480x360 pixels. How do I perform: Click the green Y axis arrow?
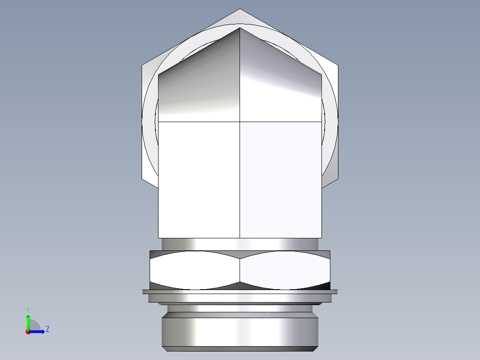(28, 320)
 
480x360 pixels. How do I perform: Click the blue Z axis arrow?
(39, 331)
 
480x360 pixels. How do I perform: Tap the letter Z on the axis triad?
(47, 329)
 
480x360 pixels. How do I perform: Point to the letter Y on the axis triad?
(28, 309)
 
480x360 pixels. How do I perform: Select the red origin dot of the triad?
(28, 331)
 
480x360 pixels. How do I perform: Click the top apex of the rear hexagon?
(240, 9)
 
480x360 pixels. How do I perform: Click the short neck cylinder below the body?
(240, 244)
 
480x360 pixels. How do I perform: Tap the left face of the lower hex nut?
(195, 270)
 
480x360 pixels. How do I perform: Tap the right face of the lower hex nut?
(285, 270)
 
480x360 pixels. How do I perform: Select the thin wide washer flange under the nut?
(240, 292)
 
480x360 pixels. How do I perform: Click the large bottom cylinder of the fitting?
(240, 330)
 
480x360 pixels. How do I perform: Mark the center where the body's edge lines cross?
(240, 121)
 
